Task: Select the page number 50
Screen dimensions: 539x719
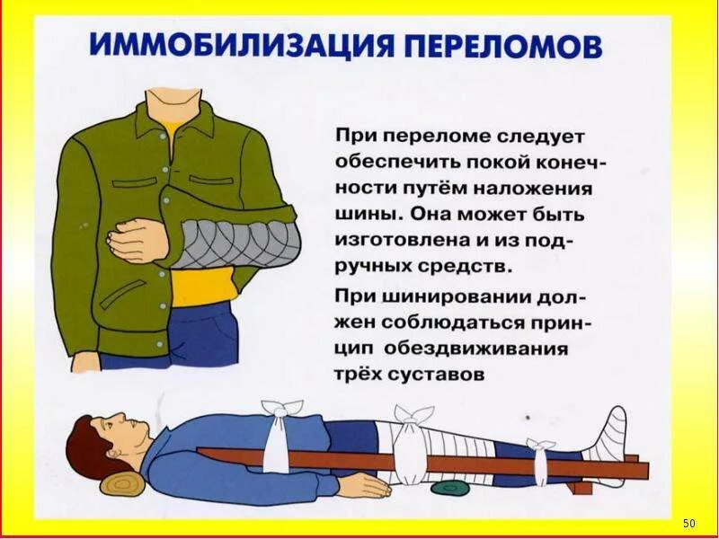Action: pyautogui.click(x=689, y=523)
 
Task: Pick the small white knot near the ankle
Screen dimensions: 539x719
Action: pyautogui.click(x=541, y=446)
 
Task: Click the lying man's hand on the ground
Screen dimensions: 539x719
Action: pyautogui.click(x=364, y=485)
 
